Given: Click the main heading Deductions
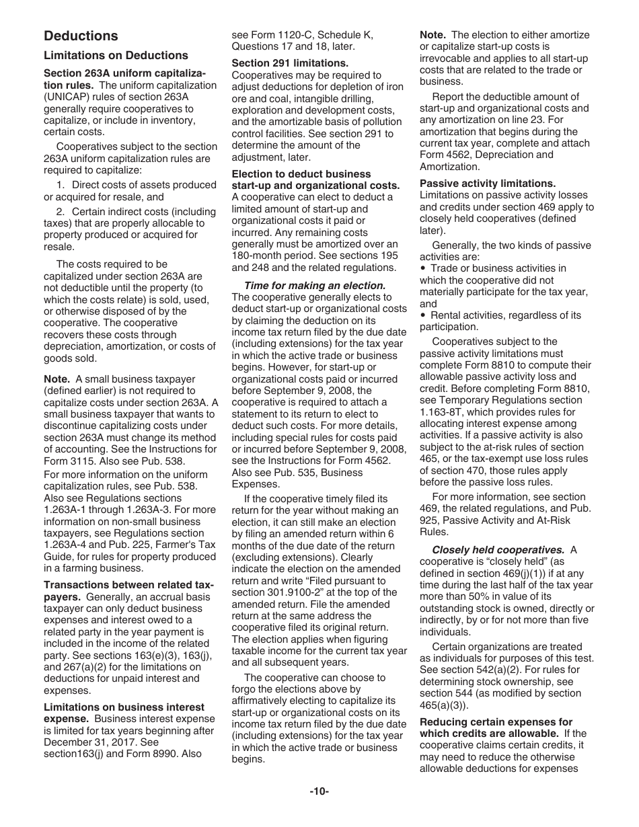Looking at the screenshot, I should click(81, 36).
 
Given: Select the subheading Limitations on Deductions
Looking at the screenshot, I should click(116, 56).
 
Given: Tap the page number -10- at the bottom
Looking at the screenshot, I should click(319, 791).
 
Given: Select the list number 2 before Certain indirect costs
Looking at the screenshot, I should click(61, 212).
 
